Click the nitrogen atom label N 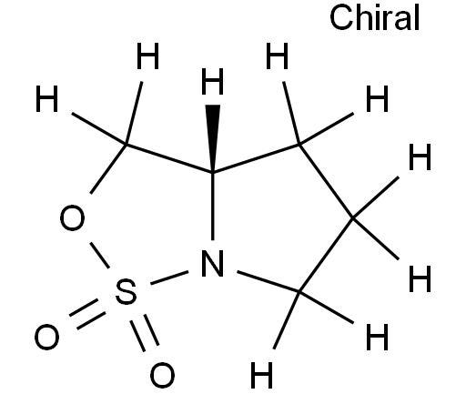[213, 263]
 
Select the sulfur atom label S [126, 291]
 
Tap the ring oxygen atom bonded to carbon [72, 217]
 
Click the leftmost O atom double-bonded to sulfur [47, 337]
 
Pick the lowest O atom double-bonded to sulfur [162, 375]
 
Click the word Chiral [375, 17]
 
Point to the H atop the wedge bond [212, 81]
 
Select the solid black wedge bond [213, 139]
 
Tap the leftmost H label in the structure [46, 98]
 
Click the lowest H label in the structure [262, 375]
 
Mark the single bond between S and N [169, 278]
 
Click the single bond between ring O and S [99, 255]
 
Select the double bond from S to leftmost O [87, 315]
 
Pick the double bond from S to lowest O [145, 332]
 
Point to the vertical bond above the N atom [213, 207]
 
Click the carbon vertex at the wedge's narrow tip [213, 173]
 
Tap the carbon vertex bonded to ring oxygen [126, 145]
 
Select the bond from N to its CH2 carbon [268, 282]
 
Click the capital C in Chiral [341, 17]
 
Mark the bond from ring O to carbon [108, 169]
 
